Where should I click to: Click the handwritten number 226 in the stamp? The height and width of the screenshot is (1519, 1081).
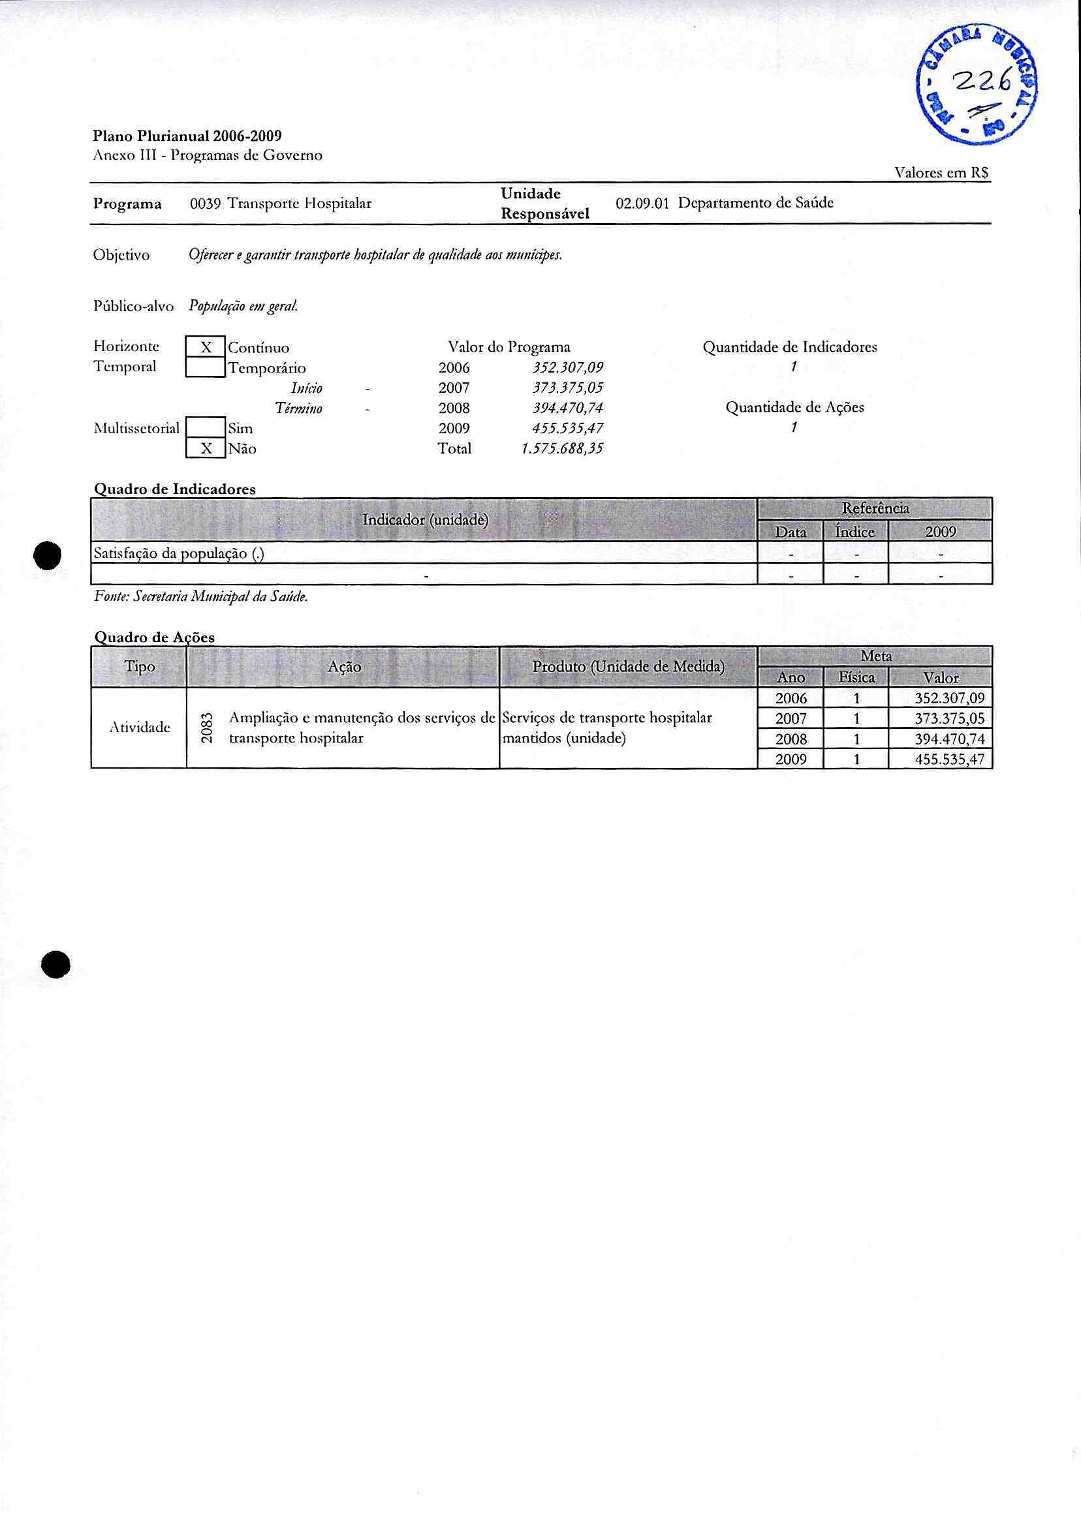pos(982,82)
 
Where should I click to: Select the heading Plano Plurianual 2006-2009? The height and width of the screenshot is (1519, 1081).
pos(187,136)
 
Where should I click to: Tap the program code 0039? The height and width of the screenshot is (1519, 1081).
pos(205,204)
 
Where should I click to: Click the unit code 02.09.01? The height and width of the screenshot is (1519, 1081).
pos(642,204)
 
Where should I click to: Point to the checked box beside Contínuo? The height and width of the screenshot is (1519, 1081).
pos(206,347)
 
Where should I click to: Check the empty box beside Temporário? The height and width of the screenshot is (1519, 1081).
pos(206,367)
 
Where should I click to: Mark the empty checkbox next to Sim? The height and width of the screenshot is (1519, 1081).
pos(206,428)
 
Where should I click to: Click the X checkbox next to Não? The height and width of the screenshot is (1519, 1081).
pos(206,448)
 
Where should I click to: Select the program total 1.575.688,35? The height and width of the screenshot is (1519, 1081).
pos(562,448)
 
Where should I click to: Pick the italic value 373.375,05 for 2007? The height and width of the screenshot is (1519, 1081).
pos(563,388)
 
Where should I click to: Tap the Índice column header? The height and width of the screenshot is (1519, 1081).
pos(855,532)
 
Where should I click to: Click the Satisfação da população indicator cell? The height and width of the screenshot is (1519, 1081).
pos(179,553)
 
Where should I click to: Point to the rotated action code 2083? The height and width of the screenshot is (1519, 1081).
pos(207,728)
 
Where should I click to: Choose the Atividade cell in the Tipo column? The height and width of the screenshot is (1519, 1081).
pos(139,728)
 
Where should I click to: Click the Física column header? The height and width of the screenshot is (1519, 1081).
pos(856,677)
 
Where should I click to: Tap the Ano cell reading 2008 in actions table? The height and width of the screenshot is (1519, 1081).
pos(791,739)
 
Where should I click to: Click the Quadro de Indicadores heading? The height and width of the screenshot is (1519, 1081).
pos(174,489)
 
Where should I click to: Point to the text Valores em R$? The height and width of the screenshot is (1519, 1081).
pos(941,173)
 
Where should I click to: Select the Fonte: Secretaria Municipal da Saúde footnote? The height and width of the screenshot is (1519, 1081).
pos(201,597)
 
